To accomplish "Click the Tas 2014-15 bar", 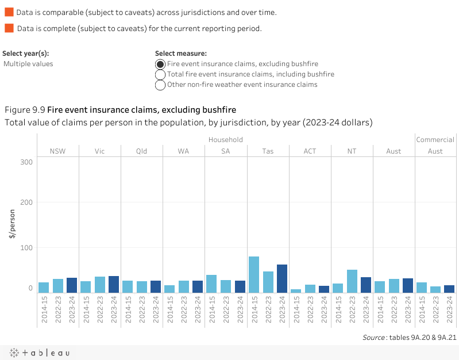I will pyautogui.click(x=254, y=274).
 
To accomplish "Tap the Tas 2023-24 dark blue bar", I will pyautogui.click(x=282, y=278).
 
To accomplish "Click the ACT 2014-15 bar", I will pyautogui.click(x=296, y=291).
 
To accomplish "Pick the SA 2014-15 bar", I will pyautogui.click(x=211, y=284).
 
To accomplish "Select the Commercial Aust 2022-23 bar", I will pyautogui.click(x=435, y=289).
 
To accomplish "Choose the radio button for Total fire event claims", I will pyautogui.click(x=161, y=75).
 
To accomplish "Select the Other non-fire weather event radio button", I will pyautogui.click(x=161, y=85).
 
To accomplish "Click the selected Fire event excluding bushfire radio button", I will pyautogui.click(x=161, y=64).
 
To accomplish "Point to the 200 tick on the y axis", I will pyautogui.click(x=26, y=202).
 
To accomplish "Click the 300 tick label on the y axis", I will pyautogui.click(x=26, y=162).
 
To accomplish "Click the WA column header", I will pyautogui.click(x=183, y=151).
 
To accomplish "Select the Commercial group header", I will pyautogui.click(x=435, y=140).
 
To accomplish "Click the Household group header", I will pyautogui.click(x=225, y=140).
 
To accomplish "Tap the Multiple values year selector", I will pyautogui.click(x=29, y=64).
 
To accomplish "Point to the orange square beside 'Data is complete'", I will pyautogui.click(x=9, y=28).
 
